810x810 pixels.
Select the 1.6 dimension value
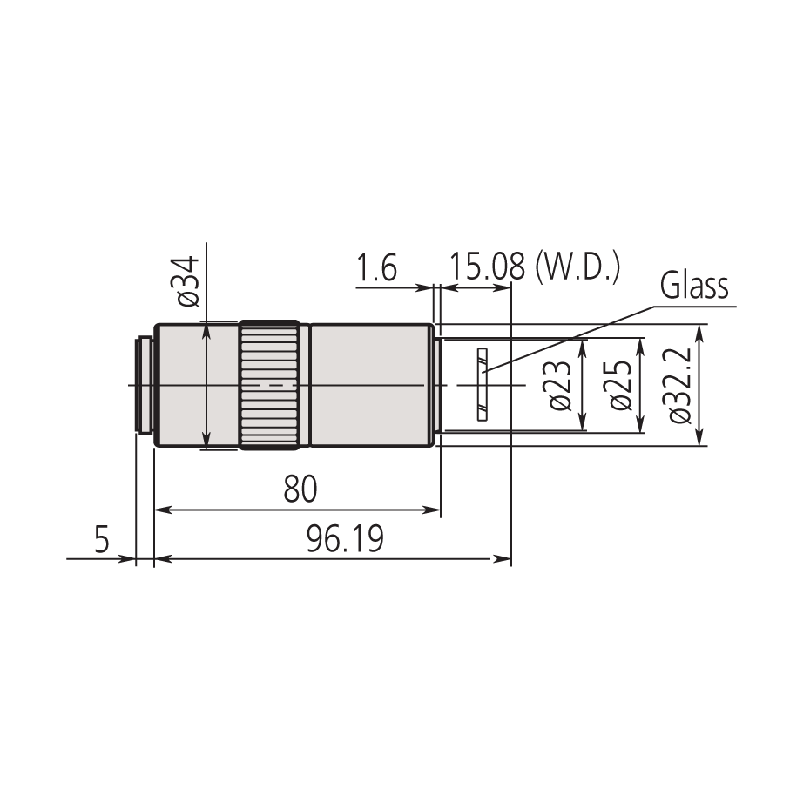point(376,268)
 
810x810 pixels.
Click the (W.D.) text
point(577,267)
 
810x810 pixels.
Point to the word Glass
point(693,286)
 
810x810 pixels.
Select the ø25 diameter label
point(620,385)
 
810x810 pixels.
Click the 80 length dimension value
point(300,490)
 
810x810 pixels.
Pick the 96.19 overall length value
point(344,541)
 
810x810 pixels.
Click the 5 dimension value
point(102,541)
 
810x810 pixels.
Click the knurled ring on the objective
point(273,385)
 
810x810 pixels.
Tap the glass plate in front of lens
point(481,385)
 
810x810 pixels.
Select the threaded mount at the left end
point(143,385)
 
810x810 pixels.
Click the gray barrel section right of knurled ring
point(370,385)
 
